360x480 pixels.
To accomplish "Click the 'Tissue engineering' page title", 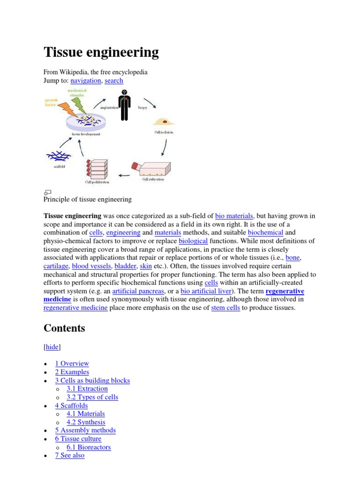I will coord(101,52).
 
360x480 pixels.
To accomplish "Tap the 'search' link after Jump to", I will coord(114,81).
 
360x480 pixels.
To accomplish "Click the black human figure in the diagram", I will coord(124,104).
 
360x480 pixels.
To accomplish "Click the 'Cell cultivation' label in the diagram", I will coord(153,180).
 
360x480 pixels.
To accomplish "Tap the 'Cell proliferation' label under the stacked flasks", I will coord(97,182).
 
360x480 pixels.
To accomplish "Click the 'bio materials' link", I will coord(234,216).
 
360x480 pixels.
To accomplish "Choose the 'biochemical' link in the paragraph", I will coord(265,232).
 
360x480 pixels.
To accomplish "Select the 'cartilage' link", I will coord(56,266).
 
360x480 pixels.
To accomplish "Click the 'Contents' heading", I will coord(64,328).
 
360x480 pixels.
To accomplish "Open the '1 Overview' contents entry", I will coord(72,364).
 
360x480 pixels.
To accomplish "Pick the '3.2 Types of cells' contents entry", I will coord(92,397).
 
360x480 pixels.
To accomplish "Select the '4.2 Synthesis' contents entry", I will coord(86,422).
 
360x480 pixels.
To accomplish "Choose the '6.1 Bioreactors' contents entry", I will coord(89,447).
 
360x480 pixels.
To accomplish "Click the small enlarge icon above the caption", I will coord(47,192).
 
